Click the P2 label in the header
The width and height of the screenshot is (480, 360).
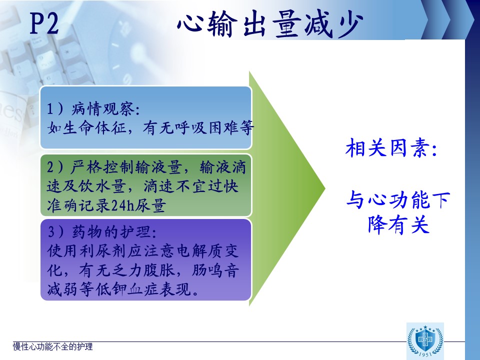coord(44,23)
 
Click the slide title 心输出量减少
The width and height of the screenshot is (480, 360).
coord(270,24)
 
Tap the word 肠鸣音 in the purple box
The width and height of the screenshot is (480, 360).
coord(215,270)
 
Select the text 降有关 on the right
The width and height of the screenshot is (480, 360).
coord(398,224)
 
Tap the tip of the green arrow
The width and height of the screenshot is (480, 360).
coord(325,188)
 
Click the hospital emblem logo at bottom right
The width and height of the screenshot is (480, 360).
coord(425,340)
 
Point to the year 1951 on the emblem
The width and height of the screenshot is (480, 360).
coord(425,354)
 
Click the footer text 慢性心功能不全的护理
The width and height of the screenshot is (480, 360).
coord(52,346)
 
